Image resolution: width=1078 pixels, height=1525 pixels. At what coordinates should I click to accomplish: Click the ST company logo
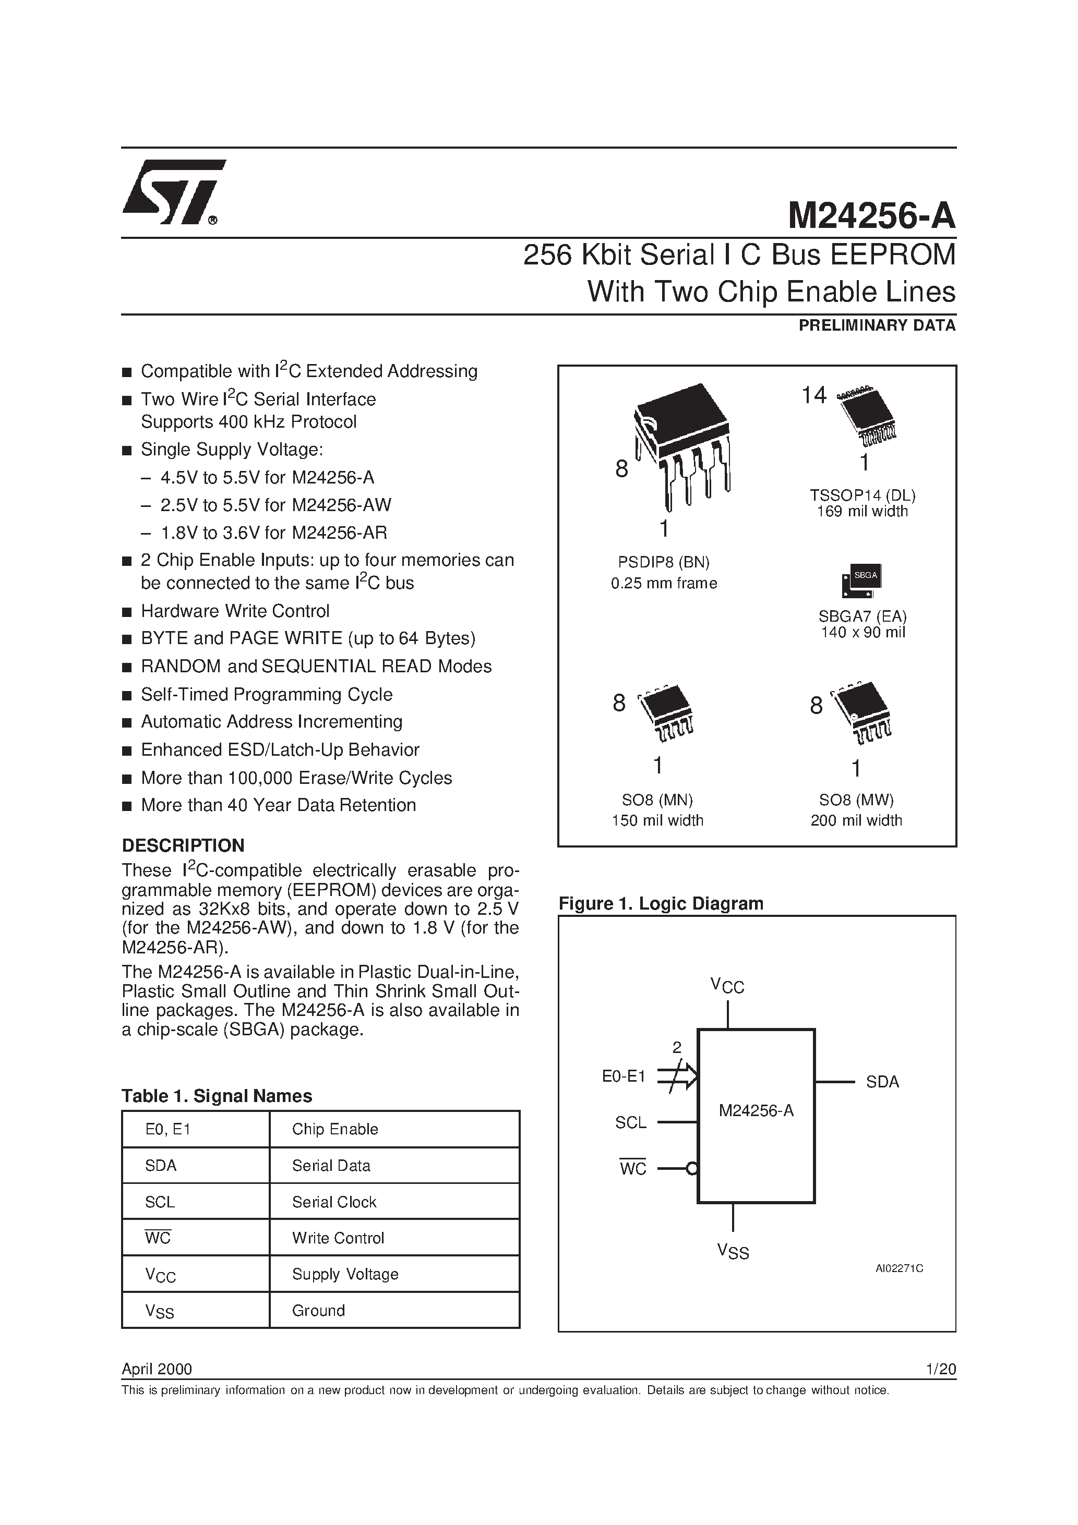pyautogui.click(x=173, y=192)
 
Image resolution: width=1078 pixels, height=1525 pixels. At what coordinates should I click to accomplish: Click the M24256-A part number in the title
pyautogui.click(x=871, y=216)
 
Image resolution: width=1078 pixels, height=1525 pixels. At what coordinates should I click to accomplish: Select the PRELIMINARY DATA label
pyautogui.click(x=877, y=325)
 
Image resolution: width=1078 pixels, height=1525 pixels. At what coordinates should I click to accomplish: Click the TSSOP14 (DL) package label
pyautogui.click(x=862, y=495)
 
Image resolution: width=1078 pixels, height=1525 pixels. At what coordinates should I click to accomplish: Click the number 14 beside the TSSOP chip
pyautogui.click(x=813, y=396)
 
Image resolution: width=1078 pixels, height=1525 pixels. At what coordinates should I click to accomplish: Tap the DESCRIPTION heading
pyautogui.click(x=184, y=845)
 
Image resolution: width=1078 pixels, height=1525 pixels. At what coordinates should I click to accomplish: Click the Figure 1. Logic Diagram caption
pyautogui.click(x=661, y=903)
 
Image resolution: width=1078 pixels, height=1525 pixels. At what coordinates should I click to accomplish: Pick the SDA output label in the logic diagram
pyautogui.click(x=882, y=1082)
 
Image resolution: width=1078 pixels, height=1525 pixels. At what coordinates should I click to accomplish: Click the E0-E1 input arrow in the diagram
pyautogui.click(x=677, y=1076)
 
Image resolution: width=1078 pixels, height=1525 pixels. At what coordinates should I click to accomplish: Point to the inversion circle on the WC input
pyautogui.click(x=692, y=1169)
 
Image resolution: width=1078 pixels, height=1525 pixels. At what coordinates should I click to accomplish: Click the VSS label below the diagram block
pyautogui.click(x=733, y=1251)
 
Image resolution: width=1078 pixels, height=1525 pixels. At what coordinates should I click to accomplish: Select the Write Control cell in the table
pyautogui.click(x=338, y=1238)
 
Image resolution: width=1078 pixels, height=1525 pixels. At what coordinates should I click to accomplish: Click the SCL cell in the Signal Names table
pyautogui.click(x=160, y=1202)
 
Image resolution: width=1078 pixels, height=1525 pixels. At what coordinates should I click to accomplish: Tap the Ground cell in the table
pyautogui.click(x=318, y=1311)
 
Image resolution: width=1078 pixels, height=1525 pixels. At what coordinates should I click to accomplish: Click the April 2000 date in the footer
pyautogui.click(x=157, y=1369)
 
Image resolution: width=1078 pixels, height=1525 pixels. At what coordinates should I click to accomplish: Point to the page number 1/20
pyautogui.click(x=940, y=1369)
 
